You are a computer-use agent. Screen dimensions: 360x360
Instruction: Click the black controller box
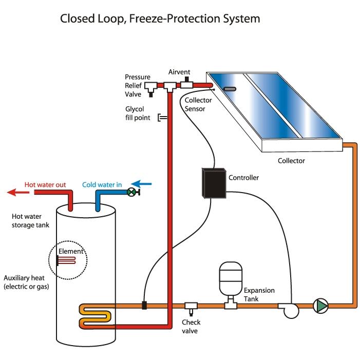tap(214, 183)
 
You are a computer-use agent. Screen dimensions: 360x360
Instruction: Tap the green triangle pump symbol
tap(321, 306)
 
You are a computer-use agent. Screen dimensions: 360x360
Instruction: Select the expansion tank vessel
tap(231, 278)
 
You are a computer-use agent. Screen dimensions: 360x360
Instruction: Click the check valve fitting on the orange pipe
tap(191, 308)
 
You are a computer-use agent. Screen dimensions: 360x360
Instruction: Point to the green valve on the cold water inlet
tap(131, 192)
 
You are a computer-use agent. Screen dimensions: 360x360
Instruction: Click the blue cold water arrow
tap(141, 184)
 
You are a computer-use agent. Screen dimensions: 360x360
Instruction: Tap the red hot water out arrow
tap(18, 192)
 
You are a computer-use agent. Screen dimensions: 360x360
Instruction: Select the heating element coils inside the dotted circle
tap(66, 260)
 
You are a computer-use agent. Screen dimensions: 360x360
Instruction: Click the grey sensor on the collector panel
tap(230, 89)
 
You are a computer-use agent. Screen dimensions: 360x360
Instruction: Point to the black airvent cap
tap(186, 79)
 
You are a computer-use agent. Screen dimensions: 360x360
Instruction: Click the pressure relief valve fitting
tap(151, 88)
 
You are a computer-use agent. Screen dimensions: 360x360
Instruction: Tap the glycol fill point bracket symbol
tap(162, 118)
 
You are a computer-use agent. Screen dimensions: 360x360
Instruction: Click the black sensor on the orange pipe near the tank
tap(144, 306)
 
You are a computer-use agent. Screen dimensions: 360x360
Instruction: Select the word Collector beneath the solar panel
tap(291, 161)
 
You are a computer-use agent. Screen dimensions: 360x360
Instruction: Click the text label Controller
tap(243, 178)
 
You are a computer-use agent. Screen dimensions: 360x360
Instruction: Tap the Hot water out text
tap(45, 184)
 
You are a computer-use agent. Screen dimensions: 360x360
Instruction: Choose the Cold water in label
tap(102, 184)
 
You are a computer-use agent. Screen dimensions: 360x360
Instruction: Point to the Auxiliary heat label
tap(24, 278)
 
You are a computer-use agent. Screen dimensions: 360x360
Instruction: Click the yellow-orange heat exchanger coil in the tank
tap(96, 316)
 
